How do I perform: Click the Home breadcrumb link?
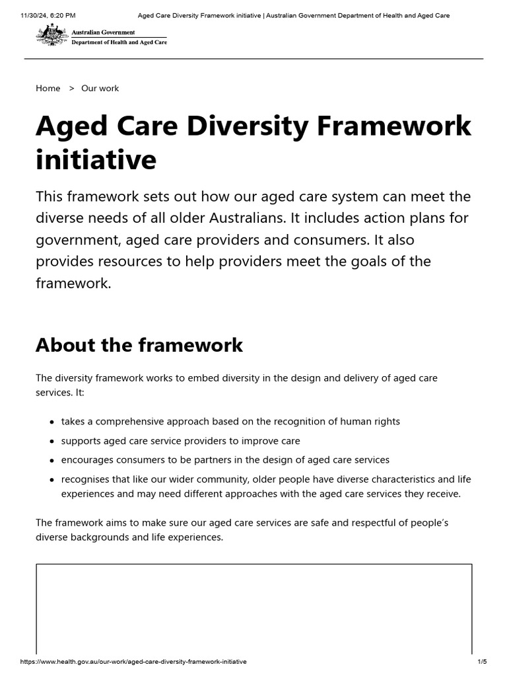click(x=48, y=88)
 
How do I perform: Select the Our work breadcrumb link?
click(x=100, y=88)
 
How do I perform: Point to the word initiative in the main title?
click(x=96, y=160)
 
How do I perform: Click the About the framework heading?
click(x=139, y=344)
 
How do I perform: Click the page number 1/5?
click(x=482, y=662)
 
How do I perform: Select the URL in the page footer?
click(x=133, y=662)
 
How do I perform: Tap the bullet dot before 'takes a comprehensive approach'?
click(x=51, y=422)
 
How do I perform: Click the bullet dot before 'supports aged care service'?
click(x=51, y=441)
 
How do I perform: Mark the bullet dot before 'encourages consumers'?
click(x=51, y=460)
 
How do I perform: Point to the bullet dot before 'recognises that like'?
click(x=51, y=479)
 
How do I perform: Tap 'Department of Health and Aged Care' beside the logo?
click(x=119, y=42)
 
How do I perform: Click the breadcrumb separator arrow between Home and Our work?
click(x=71, y=88)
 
